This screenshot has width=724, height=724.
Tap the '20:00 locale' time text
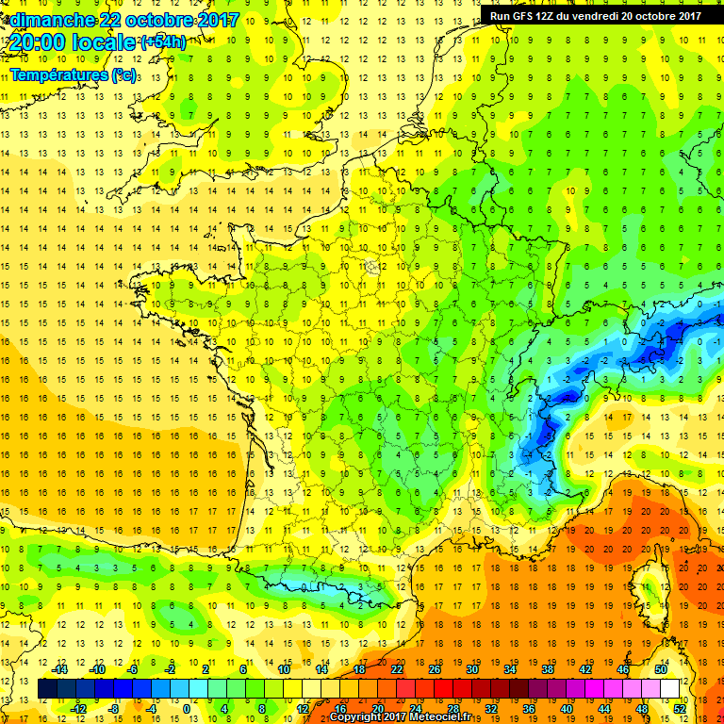[71, 42]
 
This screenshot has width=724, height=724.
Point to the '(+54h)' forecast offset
[163, 42]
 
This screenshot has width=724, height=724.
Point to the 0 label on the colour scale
[186, 709]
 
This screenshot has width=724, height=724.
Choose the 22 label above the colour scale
[396, 669]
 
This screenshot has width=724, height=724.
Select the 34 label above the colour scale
[510, 669]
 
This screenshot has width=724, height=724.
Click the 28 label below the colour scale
[452, 709]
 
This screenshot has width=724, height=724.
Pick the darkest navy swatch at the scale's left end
[47, 689]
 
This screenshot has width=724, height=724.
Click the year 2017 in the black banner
[685, 15]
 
